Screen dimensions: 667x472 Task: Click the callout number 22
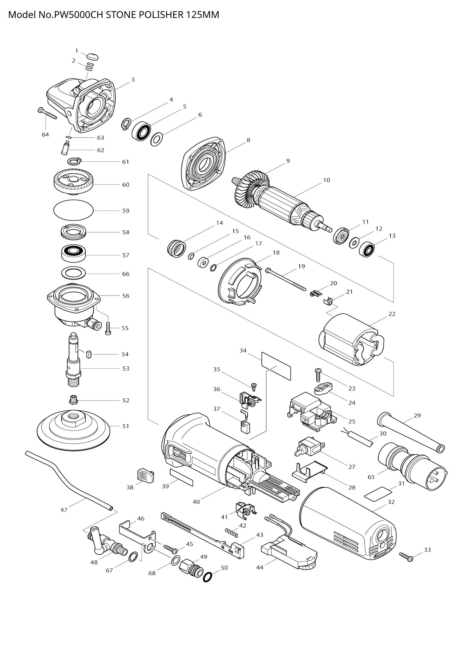(392, 314)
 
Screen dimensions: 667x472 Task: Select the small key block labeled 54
(89, 354)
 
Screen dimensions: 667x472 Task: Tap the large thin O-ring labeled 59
(73, 210)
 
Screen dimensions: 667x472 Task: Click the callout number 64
(45, 135)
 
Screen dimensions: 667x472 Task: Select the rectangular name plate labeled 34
(276, 365)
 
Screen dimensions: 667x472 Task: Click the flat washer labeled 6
(157, 139)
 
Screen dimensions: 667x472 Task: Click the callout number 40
(196, 501)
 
